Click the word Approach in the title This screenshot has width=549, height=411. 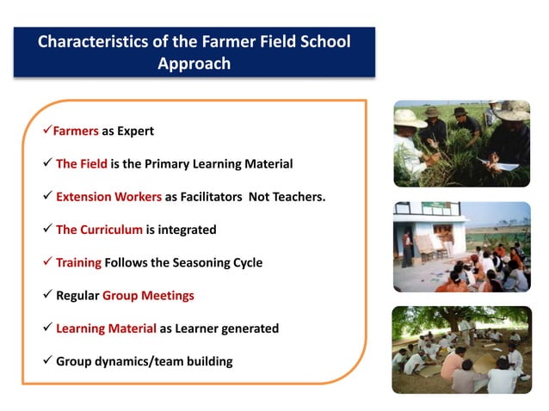click(x=194, y=64)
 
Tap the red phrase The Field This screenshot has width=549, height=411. click(x=82, y=164)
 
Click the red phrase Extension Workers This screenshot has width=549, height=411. click(x=108, y=197)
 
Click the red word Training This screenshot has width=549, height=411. click(x=78, y=262)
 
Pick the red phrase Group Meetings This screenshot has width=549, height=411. click(x=148, y=295)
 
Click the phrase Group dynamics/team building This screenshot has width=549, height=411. click(x=145, y=361)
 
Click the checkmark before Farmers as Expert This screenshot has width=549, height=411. click(x=46, y=132)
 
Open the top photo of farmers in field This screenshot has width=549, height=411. click(x=461, y=144)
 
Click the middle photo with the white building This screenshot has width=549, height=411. click(x=461, y=247)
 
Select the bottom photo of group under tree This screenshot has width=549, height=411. click(x=461, y=350)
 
